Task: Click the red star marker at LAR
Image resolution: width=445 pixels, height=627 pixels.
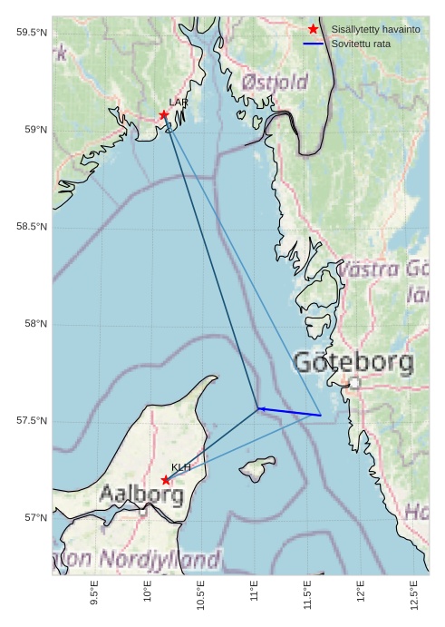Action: [x=164, y=115]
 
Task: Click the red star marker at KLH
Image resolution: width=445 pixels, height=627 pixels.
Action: [x=166, y=479]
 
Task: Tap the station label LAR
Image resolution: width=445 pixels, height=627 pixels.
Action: [x=179, y=103]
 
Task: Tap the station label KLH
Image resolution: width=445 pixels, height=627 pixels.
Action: [x=181, y=467]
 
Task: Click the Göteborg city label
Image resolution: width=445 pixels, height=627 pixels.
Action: [x=353, y=363]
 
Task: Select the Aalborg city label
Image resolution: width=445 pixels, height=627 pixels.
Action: [x=141, y=495]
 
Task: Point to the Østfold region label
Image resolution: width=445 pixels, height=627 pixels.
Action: [x=275, y=83]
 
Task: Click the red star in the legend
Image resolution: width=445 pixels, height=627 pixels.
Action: [x=314, y=30]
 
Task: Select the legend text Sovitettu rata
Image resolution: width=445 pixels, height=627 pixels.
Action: [x=361, y=44]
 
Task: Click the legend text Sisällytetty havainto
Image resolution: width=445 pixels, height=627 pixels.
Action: [x=375, y=30]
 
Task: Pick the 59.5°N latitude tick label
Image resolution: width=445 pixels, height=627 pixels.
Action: [x=31, y=33]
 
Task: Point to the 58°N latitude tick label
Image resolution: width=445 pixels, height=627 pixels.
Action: [x=34, y=324]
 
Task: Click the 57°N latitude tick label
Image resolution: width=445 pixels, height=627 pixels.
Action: [x=34, y=518]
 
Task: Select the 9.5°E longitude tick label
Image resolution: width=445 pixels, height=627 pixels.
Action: [x=95, y=593]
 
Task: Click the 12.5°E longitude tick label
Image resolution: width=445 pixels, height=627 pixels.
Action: [x=414, y=593]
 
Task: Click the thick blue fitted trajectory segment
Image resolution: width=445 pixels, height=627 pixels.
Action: [x=290, y=412]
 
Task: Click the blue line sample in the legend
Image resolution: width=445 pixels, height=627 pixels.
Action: [x=314, y=44]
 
